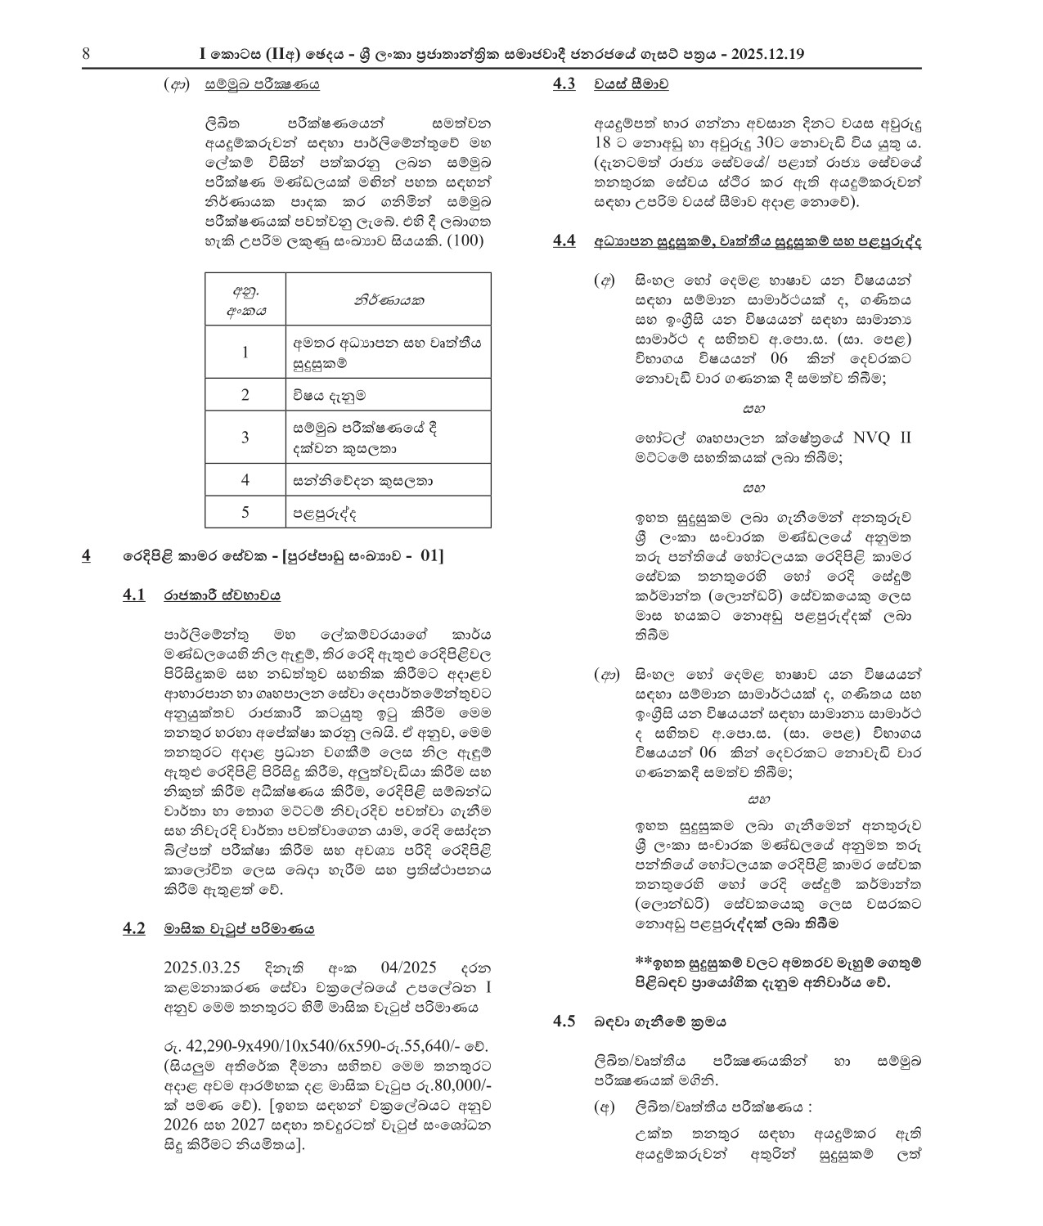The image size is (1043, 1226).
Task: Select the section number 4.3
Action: [564, 83]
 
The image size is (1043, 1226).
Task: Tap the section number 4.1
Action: [134, 595]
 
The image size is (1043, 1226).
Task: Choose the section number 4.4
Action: [564, 240]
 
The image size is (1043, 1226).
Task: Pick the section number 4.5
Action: [564, 1022]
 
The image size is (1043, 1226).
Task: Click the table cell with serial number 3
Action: [245, 438]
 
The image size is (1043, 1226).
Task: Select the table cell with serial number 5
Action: [245, 512]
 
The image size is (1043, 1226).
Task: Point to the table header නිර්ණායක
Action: [389, 299]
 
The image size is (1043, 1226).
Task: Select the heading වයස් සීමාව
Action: [632, 83]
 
